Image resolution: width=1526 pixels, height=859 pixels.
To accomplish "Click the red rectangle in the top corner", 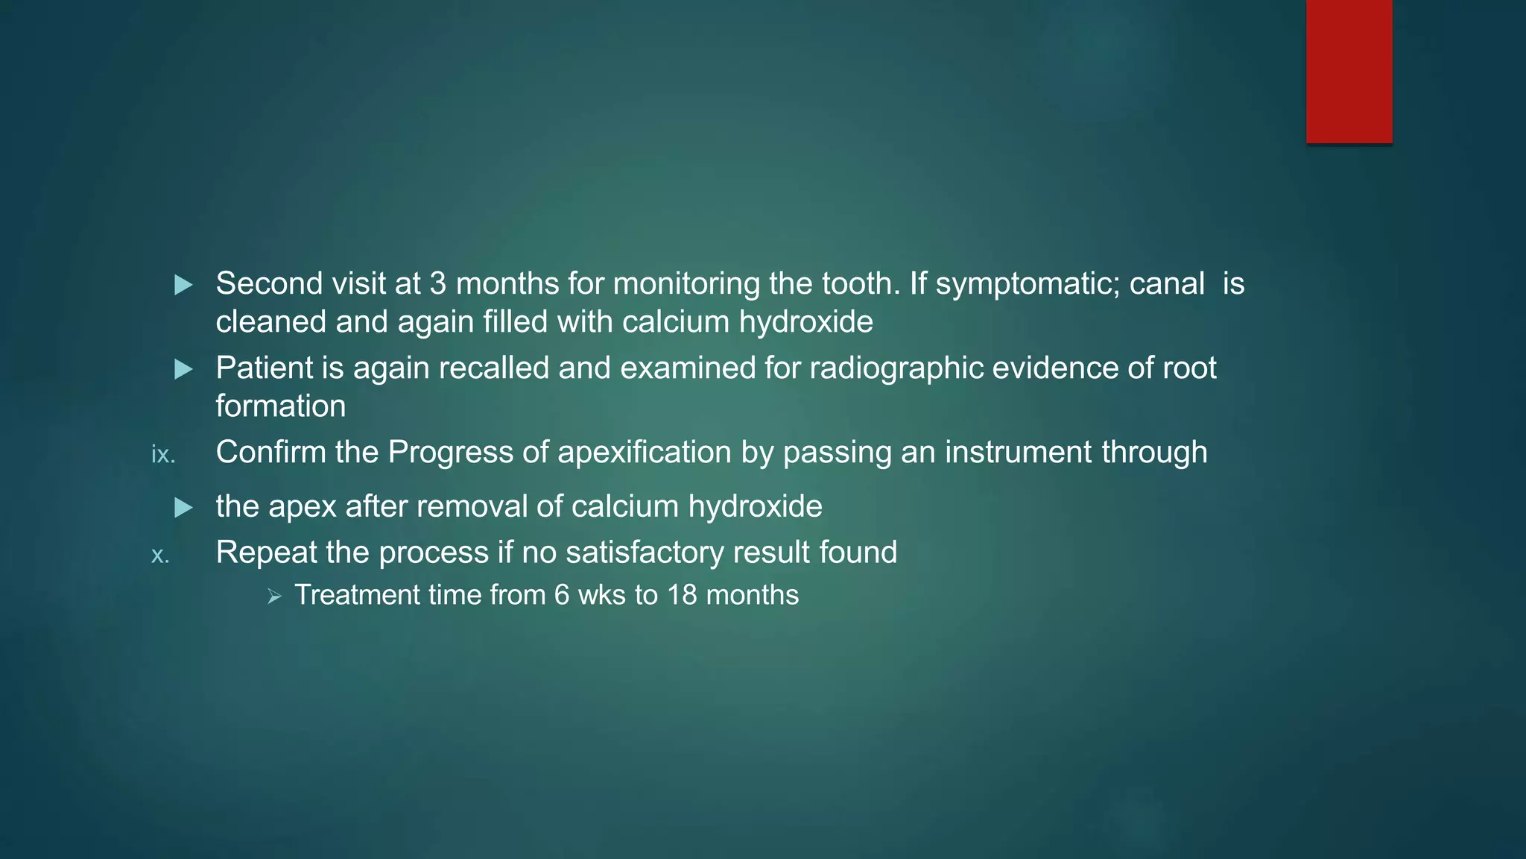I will pyautogui.click(x=1349, y=71).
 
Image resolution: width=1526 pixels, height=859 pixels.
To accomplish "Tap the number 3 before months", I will pyautogui.click(x=437, y=284).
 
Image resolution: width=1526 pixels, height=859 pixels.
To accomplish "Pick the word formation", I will pyautogui.click(x=281, y=406).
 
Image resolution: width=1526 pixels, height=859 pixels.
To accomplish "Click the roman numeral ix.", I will pyautogui.click(x=162, y=454).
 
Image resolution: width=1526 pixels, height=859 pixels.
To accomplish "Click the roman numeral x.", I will pyautogui.click(x=159, y=555).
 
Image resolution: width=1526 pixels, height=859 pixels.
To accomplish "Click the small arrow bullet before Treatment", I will pyautogui.click(x=274, y=597).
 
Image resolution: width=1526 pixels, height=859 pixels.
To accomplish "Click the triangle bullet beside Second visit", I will pyautogui.click(x=183, y=285).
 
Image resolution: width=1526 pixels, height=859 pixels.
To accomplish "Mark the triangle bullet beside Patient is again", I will pyautogui.click(x=183, y=369).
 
